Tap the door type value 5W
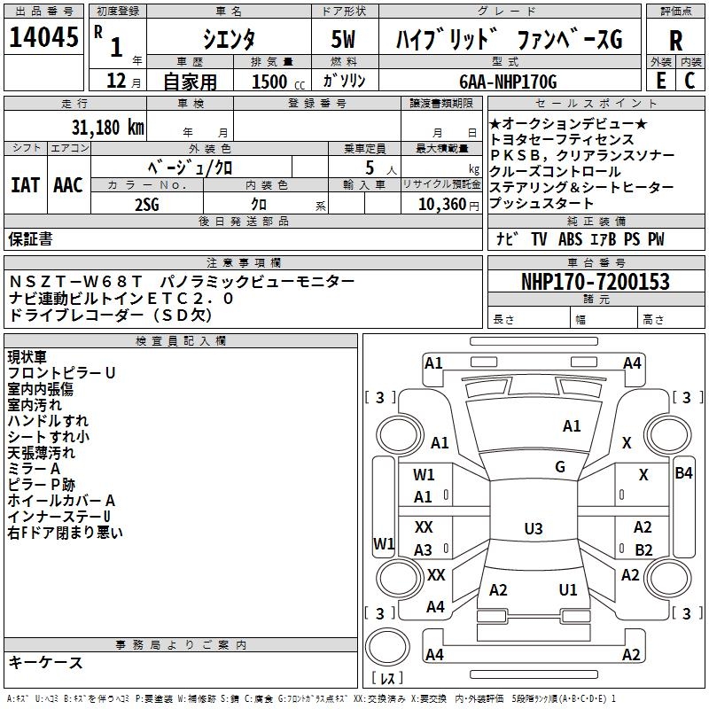pos(345,39)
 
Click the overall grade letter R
pos(675,40)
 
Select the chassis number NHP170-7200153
pos(595,282)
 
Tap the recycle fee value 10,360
pos(440,205)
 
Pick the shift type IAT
pos(25,185)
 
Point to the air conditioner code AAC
pos(68,185)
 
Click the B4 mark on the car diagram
pos(683,472)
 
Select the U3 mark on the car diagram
pos(533,529)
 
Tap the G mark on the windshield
pos(560,467)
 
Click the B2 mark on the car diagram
pos(643,549)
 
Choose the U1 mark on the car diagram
pos(568,589)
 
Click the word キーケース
pos(45,662)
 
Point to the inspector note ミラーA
pos(34,468)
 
